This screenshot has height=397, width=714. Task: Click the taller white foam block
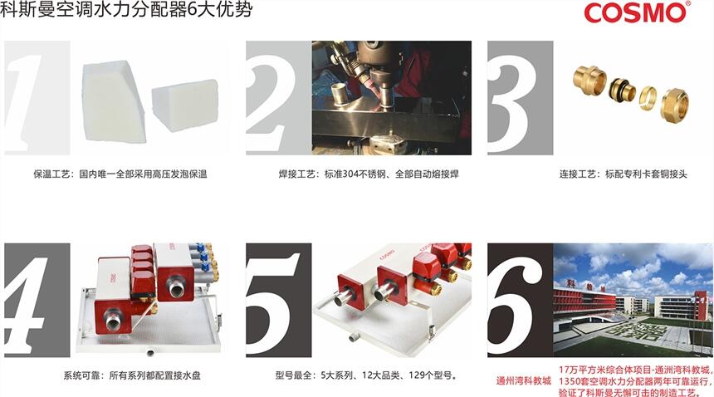(114, 101)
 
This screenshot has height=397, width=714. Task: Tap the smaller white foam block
(185, 105)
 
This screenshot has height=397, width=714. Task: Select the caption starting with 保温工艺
(120, 174)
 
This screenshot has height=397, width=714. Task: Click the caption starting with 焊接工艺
(369, 174)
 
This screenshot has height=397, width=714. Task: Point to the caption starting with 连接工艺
(623, 174)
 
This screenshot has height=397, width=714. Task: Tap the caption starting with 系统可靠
(132, 375)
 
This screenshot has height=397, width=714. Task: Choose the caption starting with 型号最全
(367, 375)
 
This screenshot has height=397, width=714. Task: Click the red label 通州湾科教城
(523, 380)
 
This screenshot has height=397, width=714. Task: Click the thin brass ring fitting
(648, 98)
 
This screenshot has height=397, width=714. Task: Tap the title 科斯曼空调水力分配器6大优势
(126, 10)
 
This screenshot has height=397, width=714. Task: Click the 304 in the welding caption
(351, 174)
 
